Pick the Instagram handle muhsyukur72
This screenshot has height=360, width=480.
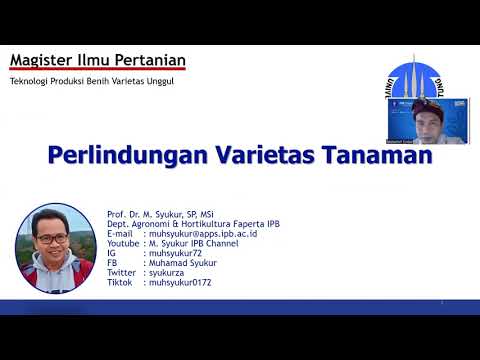point(175,252)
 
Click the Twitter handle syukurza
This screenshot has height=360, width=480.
point(168,272)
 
